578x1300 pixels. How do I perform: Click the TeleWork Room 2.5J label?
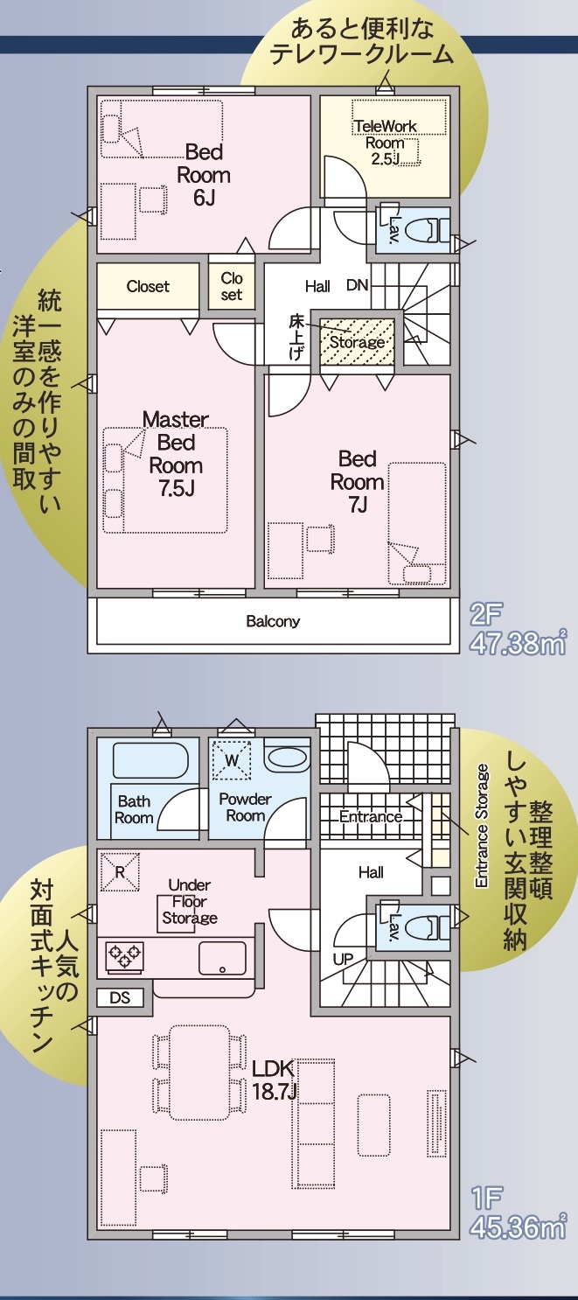coord(386,143)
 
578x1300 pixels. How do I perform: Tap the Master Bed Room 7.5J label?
coord(176,454)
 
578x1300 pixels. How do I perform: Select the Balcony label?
coord(273,621)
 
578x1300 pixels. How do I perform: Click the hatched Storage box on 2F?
coord(357,342)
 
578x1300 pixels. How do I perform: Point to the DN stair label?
coord(358,285)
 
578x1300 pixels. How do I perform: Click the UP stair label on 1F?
coord(343,960)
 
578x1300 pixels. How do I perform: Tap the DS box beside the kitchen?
coord(120,997)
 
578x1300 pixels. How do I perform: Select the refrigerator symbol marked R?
coord(120,871)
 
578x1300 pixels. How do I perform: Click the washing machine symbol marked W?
coord(232,760)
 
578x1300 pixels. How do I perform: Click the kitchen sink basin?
coord(222,958)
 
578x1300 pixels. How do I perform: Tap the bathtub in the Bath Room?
coord(150,760)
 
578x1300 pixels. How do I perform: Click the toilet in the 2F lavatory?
coord(423,230)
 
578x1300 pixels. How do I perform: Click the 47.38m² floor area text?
coord(518,644)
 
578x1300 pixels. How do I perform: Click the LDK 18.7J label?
coord(275,1080)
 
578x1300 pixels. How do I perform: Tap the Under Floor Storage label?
coord(190,901)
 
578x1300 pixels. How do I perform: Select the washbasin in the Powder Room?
coord(287,758)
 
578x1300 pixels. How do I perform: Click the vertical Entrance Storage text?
coord(482,825)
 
